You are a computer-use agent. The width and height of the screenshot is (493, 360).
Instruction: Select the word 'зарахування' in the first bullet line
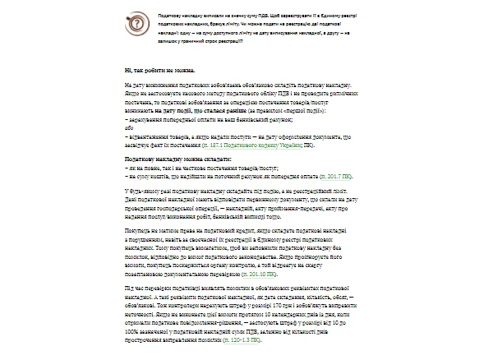pos(149,120)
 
